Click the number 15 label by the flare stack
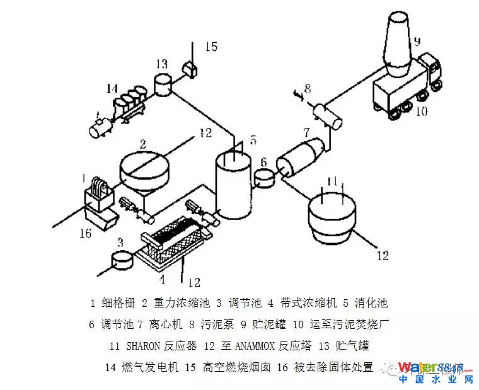click(x=211, y=47)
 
